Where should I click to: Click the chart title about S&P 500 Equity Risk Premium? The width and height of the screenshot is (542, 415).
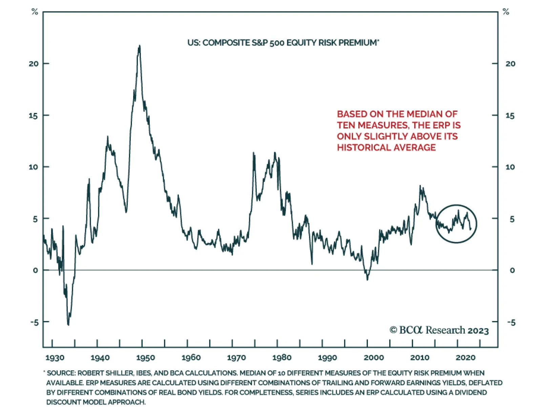coord(283,43)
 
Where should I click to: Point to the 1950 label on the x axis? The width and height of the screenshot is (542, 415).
coord(145,358)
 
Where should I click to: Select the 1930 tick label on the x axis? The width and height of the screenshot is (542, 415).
coord(55,358)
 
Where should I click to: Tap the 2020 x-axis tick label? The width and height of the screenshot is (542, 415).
coord(465,358)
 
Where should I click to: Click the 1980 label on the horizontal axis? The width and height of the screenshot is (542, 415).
coord(282,358)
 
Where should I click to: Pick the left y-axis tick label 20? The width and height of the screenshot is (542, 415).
coord(34,64)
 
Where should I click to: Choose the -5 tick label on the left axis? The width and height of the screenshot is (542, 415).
coord(34,322)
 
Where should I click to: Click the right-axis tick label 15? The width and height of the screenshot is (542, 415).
coord(510,116)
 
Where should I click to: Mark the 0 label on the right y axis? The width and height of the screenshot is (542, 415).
coord(512,270)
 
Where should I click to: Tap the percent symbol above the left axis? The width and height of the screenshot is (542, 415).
coord(35,12)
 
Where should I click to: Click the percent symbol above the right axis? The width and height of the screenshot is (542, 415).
coord(506,12)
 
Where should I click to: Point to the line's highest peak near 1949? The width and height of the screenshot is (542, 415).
coord(139,46)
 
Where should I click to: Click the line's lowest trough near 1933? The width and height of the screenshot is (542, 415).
coord(68,325)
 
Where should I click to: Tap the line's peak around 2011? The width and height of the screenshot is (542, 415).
coord(420,186)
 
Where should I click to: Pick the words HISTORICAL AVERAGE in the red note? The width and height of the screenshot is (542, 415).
coord(386,148)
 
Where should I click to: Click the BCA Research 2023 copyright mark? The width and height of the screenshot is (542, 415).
coord(439,330)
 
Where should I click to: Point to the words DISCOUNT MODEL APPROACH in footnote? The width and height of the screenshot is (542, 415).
coord(96,402)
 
